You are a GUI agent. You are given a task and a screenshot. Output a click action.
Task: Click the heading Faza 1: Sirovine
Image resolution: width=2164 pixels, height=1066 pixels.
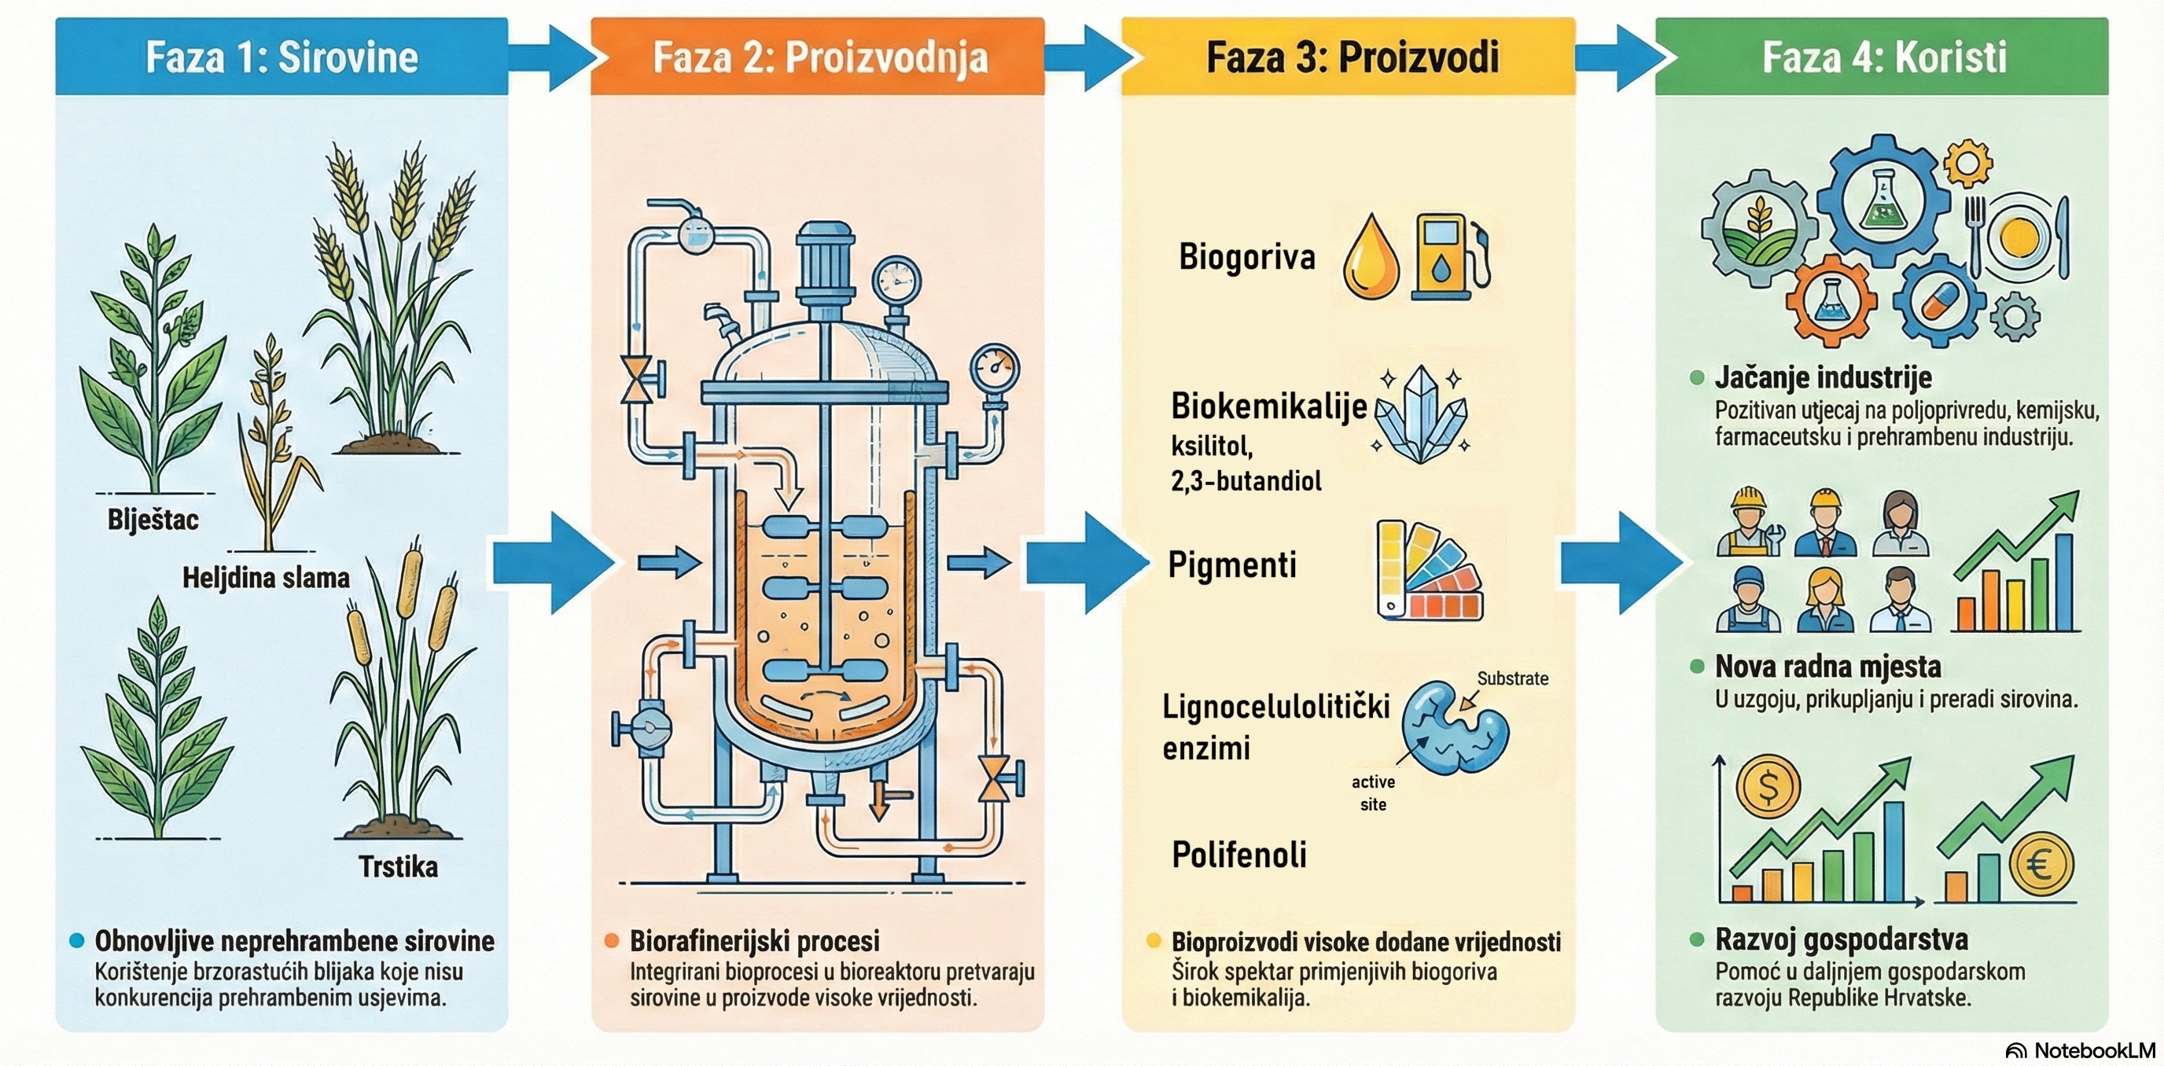point(282,57)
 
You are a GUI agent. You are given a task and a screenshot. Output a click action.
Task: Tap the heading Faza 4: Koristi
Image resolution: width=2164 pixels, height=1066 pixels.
point(1883,57)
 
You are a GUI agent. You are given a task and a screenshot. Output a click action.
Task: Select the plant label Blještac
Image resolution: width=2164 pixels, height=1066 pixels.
point(153,520)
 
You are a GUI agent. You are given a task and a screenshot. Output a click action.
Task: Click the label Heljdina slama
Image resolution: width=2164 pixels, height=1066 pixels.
point(266,578)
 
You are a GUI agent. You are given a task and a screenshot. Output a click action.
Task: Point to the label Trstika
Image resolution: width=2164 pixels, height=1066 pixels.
point(398,866)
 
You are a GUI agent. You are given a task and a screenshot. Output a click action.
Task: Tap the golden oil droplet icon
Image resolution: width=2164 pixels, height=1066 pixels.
point(1373,259)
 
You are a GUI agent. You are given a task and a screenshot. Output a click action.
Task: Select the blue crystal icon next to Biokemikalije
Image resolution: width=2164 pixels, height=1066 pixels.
point(1421,414)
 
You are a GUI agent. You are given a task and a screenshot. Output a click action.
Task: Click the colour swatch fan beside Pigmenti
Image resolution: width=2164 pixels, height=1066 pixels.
point(1429,572)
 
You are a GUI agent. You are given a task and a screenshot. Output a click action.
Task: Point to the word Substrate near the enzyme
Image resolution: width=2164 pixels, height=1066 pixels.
point(1512,678)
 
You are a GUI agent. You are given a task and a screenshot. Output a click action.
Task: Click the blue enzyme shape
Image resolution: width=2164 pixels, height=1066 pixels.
point(1454,727)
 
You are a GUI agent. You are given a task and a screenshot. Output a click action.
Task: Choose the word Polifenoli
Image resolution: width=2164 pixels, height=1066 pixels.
point(1239,855)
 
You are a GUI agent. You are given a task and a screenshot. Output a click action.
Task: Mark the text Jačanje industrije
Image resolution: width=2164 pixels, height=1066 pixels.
point(1823,377)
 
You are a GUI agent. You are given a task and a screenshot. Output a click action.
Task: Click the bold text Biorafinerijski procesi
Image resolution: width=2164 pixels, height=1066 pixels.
point(754,940)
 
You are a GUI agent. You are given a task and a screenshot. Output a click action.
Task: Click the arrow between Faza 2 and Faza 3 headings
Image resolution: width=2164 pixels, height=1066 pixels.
point(1085,57)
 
